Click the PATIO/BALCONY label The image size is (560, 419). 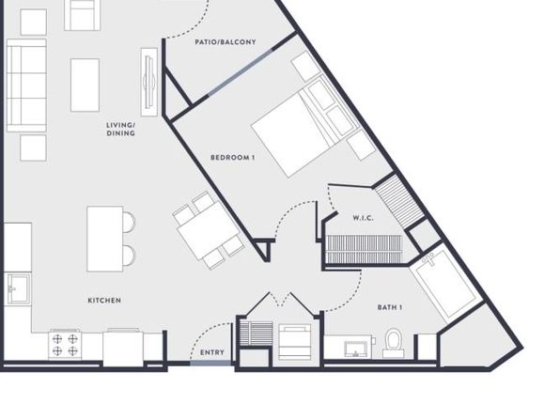[226, 42]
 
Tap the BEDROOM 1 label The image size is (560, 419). [232, 158]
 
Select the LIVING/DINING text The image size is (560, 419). [120, 130]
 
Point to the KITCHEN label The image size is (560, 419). [104, 301]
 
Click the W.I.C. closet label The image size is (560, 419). [364, 218]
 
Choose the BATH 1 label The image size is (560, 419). [390, 307]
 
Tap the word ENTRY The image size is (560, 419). [212, 352]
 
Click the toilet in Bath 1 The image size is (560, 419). [393, 343]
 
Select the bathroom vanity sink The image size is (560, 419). [356, 349]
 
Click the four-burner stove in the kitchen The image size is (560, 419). [65, 345]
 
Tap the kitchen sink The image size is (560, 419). [18, 288]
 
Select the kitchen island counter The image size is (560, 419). [105, 239]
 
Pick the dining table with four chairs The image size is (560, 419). [209, 230]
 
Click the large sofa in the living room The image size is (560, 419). [26, 85]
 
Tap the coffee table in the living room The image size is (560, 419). [85, 85]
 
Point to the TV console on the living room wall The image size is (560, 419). [149, 82]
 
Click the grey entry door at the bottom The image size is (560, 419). [210, 364]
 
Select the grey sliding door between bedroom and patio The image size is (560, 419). [240, 72]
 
